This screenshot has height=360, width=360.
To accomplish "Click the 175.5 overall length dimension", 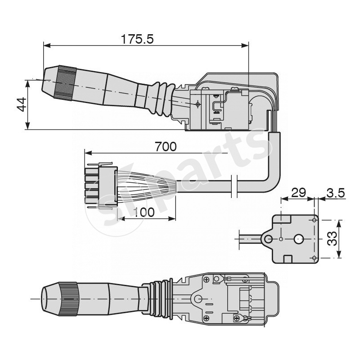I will (x=137, y=39).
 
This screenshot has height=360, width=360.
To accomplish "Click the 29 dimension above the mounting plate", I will (x=298, y=193).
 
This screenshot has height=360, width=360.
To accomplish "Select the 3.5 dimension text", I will (x=335, y=193).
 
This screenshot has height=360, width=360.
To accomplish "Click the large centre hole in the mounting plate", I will (x=299, y=239).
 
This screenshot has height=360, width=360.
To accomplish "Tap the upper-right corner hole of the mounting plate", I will (x=314, y=220).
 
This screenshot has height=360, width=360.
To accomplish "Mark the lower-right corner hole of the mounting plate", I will (x=314, y=257).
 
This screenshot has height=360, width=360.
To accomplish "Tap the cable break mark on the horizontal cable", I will (x=234, y=185).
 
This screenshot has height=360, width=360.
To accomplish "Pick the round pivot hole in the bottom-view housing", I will (x=198, y=299).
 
